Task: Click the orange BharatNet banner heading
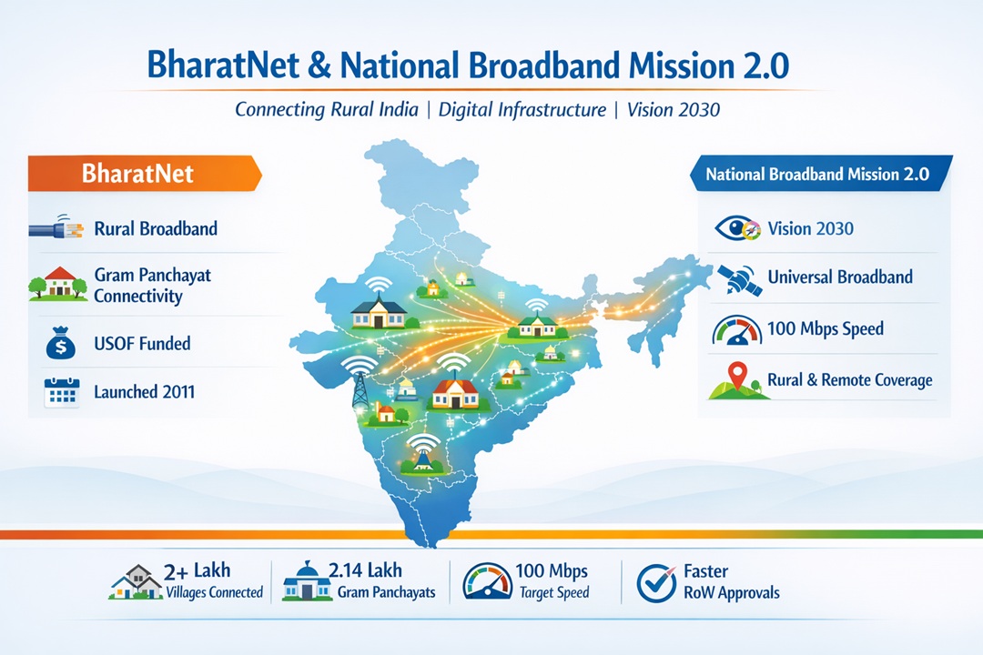coord(144,173)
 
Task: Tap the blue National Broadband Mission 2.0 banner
coord(821,174)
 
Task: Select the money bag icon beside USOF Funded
coord(61,344)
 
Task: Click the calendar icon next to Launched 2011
coord(62,392)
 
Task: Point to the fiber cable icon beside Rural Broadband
coord(56,227)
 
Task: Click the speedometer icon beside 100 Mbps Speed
coord(736,329)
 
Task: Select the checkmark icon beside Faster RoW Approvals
coord(656,583)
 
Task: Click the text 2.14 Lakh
coord(365,570)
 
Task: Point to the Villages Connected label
coord(215,592)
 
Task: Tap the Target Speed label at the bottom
coord(554,592)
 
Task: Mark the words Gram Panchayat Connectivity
coord(152,285)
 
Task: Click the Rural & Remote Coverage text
coord(849,380)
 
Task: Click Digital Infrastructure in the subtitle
coord(522,110)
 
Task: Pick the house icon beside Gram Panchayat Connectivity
coord(57,283)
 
